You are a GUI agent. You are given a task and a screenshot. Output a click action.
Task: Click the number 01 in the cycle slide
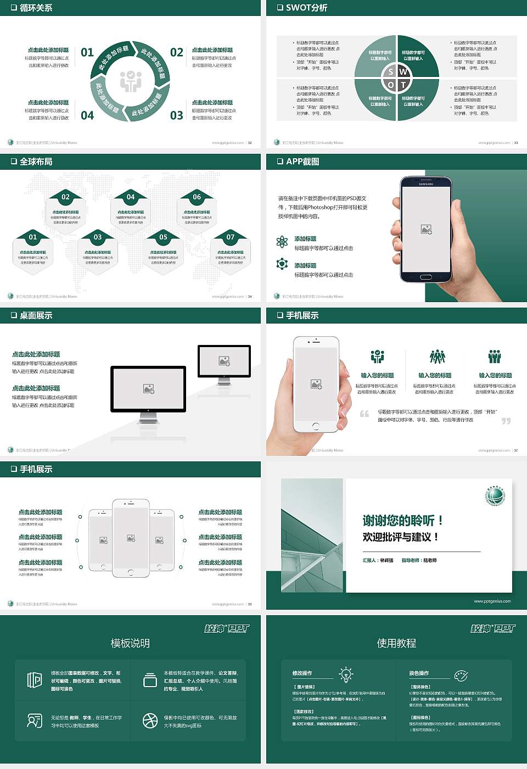pos(87,53)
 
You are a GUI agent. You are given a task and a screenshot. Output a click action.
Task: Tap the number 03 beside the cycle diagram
pos(176,115)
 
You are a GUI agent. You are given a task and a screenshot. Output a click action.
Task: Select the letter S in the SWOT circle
pos(391,72)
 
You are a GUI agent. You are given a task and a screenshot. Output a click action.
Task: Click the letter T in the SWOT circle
pos(403,85)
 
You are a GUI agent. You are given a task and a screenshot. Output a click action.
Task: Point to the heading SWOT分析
pos(306,8)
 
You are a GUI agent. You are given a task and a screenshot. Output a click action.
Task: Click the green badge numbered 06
pos(197,197)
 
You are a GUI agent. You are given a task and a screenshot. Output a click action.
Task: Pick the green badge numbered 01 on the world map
pos(33,237)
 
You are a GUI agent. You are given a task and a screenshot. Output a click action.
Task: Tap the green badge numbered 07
pos(231,237)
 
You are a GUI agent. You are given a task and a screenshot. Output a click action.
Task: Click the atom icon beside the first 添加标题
pos(282,242)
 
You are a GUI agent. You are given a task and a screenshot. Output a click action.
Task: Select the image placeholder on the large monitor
pos(148,389)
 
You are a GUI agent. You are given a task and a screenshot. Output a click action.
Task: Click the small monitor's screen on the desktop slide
pos(224,361)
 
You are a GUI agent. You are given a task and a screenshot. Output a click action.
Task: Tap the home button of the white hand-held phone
pos(316,426)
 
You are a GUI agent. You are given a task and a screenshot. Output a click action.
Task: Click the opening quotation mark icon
pos(365,414)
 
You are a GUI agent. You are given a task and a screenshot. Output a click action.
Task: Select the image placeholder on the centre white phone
pos(131,538)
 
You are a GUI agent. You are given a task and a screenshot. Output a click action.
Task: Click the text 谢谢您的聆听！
pos(402,520)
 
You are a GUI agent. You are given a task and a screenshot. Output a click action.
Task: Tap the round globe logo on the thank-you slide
pos(495,495)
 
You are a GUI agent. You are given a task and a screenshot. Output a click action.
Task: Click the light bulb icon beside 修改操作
pos(346,674)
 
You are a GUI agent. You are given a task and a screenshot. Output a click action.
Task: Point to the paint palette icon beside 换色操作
pos(461,675)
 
